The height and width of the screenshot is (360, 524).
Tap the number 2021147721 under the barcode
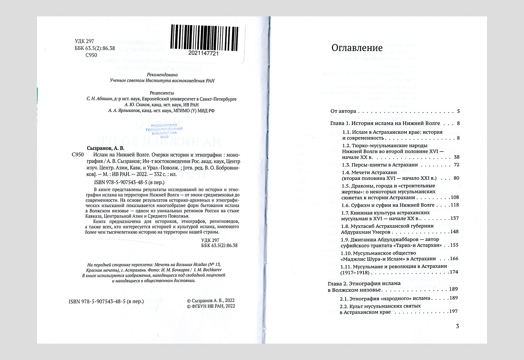pos(203,53)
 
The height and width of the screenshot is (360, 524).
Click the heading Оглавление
pos(357,48)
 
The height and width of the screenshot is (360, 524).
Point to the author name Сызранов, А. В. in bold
pos(106,148)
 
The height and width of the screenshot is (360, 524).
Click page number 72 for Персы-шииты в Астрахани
pos(457,165)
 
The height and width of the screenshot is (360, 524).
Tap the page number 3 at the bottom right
pos(458,326)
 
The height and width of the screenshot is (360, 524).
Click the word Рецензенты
pos(162,93)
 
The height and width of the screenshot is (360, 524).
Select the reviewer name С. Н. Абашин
pos(100,99)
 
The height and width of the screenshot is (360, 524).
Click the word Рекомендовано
pos(162,75)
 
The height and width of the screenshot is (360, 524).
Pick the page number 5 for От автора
pos(458,111)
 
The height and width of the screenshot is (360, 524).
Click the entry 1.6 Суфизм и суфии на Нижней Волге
pos(388,205)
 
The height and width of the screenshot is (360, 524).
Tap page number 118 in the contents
pos(455,205)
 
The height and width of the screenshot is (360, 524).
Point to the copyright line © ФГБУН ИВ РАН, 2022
pos(211,306)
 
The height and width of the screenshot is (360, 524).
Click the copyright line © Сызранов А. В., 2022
pos(211,300)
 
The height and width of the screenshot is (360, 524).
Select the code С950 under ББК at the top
pos(91,55)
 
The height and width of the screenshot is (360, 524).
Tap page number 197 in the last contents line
pos(453,311)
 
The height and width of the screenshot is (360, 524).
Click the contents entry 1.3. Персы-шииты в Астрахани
pos(380,165)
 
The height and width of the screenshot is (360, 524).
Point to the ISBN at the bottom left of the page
pos(106,301)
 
